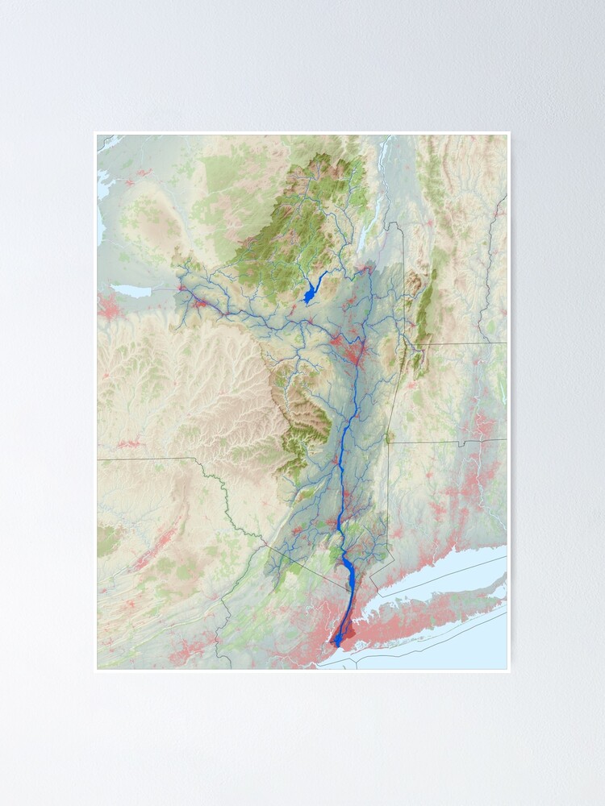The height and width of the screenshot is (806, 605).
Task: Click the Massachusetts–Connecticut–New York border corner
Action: (x=389, y=442)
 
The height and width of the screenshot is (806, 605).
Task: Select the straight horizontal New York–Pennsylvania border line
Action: (x=145, y=459)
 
